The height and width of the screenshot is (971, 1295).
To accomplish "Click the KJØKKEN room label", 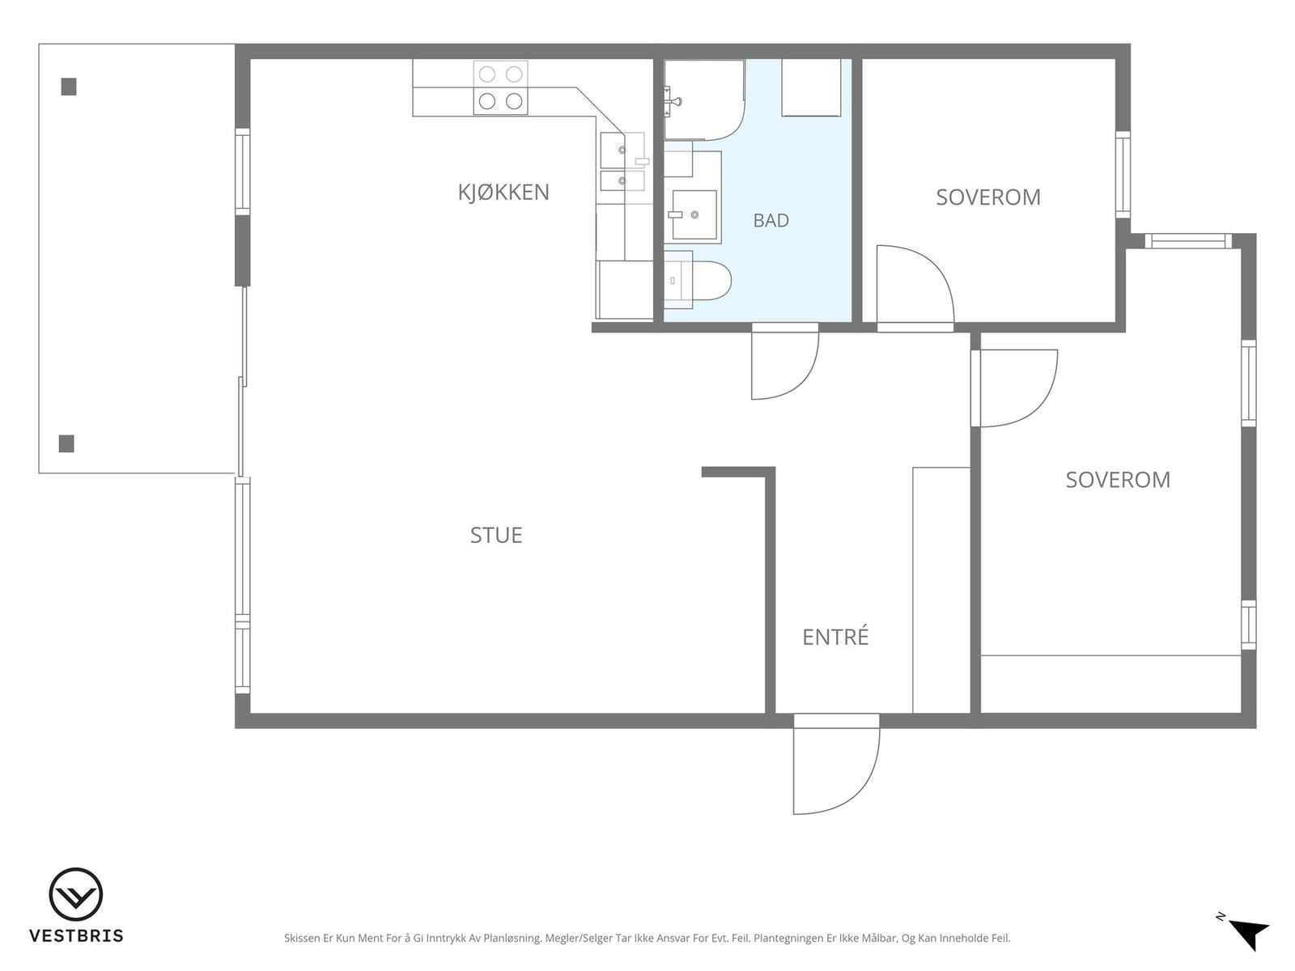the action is (503, 193).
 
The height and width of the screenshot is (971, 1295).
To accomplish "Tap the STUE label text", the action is (496, 536).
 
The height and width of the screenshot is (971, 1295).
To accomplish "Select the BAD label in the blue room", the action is (771, 220).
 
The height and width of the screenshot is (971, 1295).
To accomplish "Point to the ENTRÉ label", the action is (835, 637).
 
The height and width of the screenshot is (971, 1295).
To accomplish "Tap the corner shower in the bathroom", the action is (704, 100).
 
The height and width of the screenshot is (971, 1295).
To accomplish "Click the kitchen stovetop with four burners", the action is (500, 88).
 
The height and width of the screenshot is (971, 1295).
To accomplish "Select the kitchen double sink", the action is (622, 161).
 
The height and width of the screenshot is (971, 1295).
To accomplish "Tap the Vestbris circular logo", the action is (76, 894).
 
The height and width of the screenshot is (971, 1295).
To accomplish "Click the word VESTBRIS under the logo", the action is (76, 935).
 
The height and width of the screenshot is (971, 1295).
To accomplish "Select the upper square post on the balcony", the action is (69, 87).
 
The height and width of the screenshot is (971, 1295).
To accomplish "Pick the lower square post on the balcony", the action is (66, 443).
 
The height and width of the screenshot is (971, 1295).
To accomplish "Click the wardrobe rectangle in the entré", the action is (941, 590).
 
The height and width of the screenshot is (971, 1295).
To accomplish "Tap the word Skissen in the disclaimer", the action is (302, 938).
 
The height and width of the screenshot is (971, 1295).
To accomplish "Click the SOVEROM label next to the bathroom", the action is (988, 197).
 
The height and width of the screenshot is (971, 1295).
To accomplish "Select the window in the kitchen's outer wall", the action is (243, 172).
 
